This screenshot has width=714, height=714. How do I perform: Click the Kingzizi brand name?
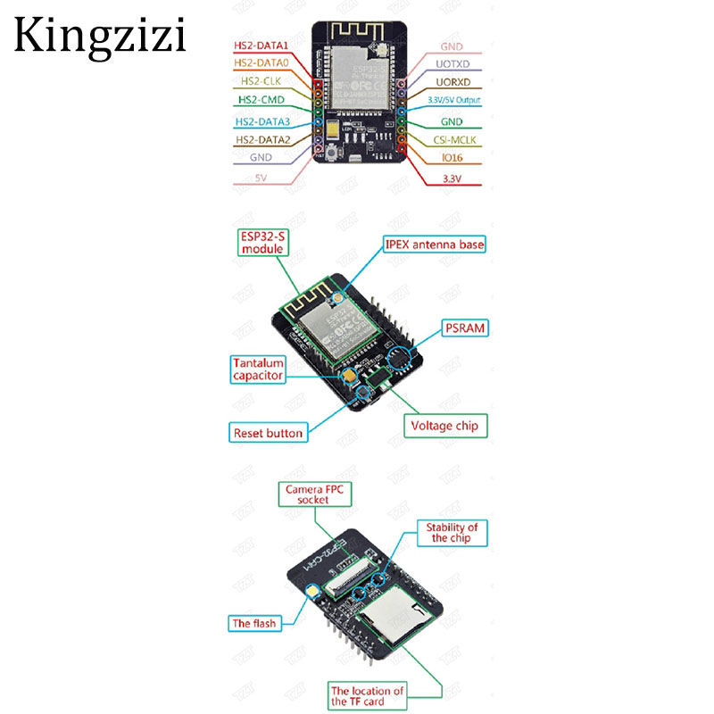coord(100,35)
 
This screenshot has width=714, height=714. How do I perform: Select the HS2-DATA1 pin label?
coord(261,45)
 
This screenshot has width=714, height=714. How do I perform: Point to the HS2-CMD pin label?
coord(261,102)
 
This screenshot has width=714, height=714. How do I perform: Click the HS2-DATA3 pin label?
coord(262,121)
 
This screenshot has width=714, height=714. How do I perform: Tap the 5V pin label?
coord(262,178)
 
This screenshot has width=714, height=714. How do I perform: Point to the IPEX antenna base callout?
coord(436,244)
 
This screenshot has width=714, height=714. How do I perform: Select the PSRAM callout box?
coord(465,328)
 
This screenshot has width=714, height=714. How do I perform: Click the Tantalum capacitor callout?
coord(258,369)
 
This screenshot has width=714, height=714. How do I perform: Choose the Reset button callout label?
coord(268,434)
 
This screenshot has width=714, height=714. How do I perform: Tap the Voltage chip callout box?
coord(444,426)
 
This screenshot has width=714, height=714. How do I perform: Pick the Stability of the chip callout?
coord(452,533)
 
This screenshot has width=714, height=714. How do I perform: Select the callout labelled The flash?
coord(253,624)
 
